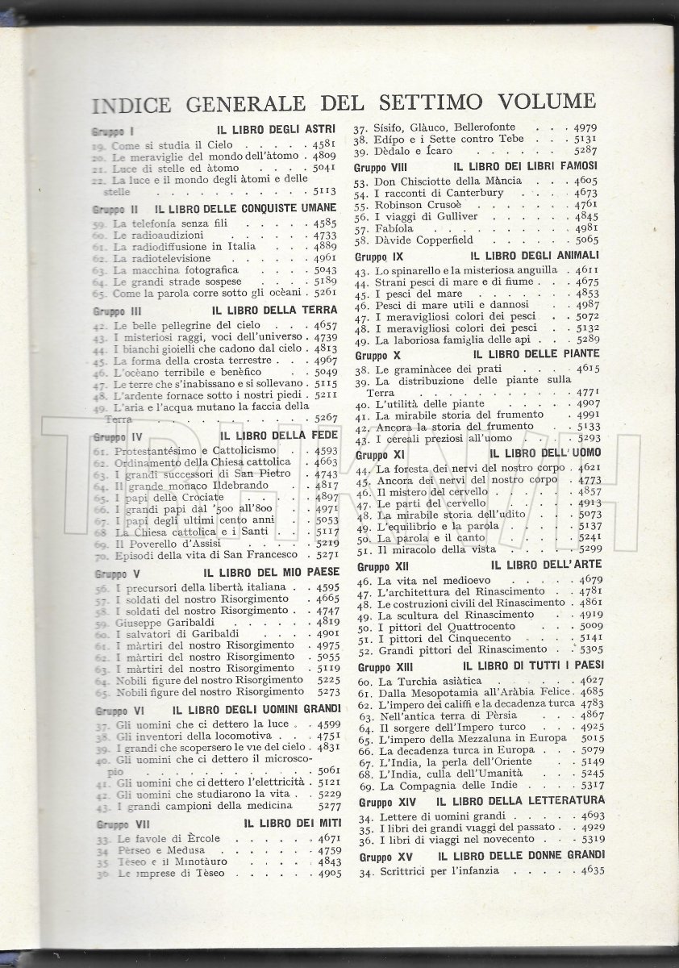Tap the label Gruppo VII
point(119,824)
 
